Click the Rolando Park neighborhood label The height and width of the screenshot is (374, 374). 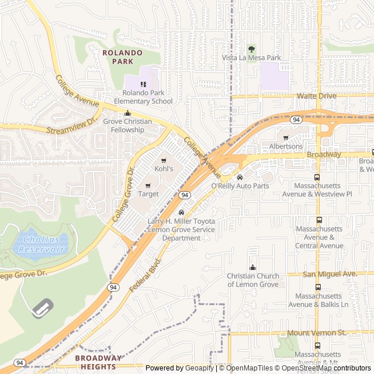pos(122,57)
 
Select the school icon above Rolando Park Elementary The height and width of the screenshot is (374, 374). pos(143,84)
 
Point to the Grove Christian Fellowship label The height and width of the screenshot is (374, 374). pos(127,126)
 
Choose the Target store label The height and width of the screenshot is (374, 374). pos(148,193)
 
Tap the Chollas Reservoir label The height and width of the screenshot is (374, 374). pos(40,245)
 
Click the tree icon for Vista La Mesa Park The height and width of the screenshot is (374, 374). pos(252,49)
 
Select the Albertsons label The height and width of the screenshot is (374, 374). pos(286,146)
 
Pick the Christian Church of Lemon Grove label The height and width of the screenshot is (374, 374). pos(253,280)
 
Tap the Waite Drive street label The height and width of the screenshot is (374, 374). pos(316,95)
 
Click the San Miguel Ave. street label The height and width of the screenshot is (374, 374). pos(330,273)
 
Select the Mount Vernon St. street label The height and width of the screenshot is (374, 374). pos(317,333)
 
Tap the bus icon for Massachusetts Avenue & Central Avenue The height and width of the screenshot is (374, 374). pos(318,220)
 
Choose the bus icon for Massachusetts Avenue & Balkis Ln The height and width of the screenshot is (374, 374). pos(318,288)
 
